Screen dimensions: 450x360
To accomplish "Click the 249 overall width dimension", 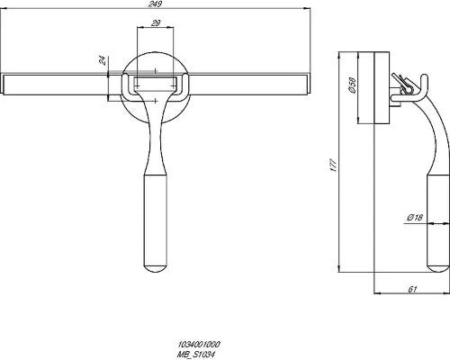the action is click(x=155, y=4).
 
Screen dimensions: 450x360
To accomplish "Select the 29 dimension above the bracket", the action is click(x=156, y=22).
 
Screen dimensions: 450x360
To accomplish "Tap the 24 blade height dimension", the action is click(x=103, y=60).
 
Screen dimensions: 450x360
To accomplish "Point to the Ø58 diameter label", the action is click(x=353, y=85).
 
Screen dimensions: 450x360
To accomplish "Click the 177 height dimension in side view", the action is click(x=334, y=166).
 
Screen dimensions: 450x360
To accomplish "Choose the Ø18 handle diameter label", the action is click(x=415, y=218).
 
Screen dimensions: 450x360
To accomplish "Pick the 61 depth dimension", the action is click(x=413, y=289).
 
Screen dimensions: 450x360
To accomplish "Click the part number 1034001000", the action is click(x=199, y=344).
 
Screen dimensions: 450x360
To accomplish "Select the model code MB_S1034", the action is click(x=196, y=354).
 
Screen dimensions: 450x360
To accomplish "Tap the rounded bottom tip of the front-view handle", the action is click(x=156, y=271).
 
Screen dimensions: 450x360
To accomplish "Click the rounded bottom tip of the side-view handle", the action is click(x=438, y=271).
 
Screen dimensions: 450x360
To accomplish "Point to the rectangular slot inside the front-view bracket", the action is click(x=156, y=83).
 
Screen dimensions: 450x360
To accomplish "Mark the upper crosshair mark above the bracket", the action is click(x=156, y=71).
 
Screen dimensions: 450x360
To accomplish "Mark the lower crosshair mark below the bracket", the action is click(x=156, y=101).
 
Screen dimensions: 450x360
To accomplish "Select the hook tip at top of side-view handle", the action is click(x=424, y=76).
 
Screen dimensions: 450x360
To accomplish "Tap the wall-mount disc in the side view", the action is click(x=382, y=87).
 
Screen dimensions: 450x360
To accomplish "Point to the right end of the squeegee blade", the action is click(x=308, y=84).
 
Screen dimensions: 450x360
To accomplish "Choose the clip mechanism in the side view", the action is click(x=402, y=85).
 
